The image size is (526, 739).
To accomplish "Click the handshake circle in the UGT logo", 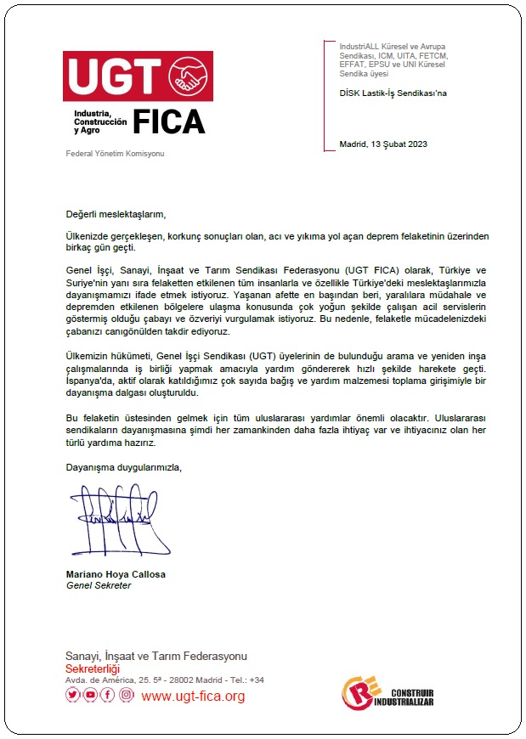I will (190, 77).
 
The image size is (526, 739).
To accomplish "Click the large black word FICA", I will (168, 122).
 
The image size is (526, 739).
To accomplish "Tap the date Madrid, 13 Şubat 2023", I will (382, 144).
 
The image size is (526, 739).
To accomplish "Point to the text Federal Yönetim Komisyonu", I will (115, 154).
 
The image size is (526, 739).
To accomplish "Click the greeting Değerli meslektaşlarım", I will (116, 214).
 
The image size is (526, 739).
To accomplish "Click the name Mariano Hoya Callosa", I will (116, 574).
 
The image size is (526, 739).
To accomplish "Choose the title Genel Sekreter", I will (99, 585).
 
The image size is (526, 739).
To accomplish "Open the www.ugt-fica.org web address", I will (193, 697).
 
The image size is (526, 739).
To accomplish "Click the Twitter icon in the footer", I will (72, 695).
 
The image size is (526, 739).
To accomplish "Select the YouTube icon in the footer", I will (90, 695).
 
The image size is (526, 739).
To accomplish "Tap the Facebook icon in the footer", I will (108, 695).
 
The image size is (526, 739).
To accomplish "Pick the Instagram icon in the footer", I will (126, 695).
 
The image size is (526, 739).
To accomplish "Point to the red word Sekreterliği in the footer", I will (93, 668).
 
